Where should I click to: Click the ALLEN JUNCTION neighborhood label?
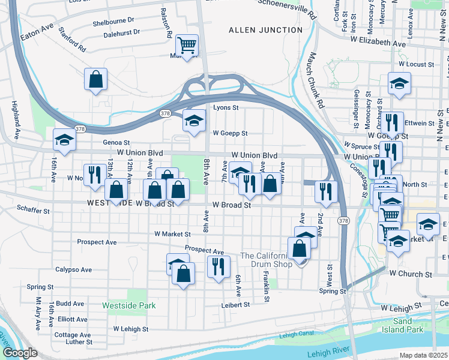(265, 29)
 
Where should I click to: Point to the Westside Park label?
(130, 305)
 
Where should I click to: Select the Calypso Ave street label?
(73, 270)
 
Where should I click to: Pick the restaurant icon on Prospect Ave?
(218, 266)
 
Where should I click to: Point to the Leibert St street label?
(235, 305)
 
